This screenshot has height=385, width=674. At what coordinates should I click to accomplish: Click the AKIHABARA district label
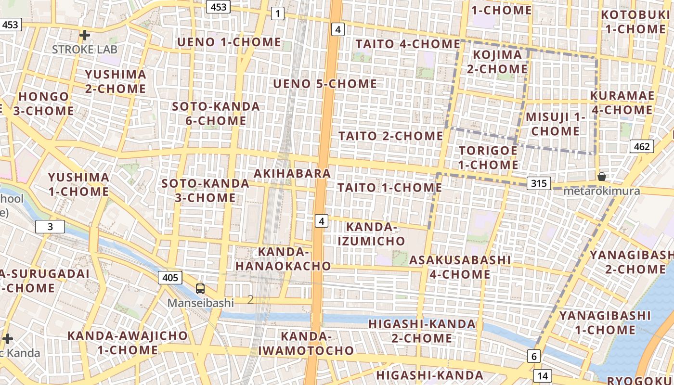(292, 173)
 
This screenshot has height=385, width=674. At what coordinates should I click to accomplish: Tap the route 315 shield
(539, 183)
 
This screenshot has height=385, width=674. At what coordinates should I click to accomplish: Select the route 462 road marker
(642, 147)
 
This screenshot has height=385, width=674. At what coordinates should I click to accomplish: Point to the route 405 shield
(170, 278)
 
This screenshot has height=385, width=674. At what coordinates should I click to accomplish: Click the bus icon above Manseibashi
(200, 289)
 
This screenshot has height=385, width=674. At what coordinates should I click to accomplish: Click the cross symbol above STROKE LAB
(85, 35)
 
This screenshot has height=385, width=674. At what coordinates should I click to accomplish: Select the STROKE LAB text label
(85, 49)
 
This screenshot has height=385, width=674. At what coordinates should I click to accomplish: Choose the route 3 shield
(50, 227)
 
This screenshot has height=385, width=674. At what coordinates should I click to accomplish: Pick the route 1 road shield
(277, 13)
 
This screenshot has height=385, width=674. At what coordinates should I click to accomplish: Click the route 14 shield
(543, 376)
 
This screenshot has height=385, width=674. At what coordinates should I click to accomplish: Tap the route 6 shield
(533, 357)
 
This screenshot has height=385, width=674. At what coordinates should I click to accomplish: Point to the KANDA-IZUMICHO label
(371, 234)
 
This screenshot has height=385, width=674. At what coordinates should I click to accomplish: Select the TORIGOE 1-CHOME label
(488, 158)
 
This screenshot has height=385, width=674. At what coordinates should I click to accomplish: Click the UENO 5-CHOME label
(325, 84)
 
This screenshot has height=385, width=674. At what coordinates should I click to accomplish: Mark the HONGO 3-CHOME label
(43, 103)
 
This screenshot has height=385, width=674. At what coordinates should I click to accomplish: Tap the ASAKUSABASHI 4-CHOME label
(460, 267)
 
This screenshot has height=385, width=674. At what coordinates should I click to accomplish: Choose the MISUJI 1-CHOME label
(556, 124)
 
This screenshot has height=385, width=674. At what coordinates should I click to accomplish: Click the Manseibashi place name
(200, 303)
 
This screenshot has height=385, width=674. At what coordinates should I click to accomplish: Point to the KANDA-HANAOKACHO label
(283, 259)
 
